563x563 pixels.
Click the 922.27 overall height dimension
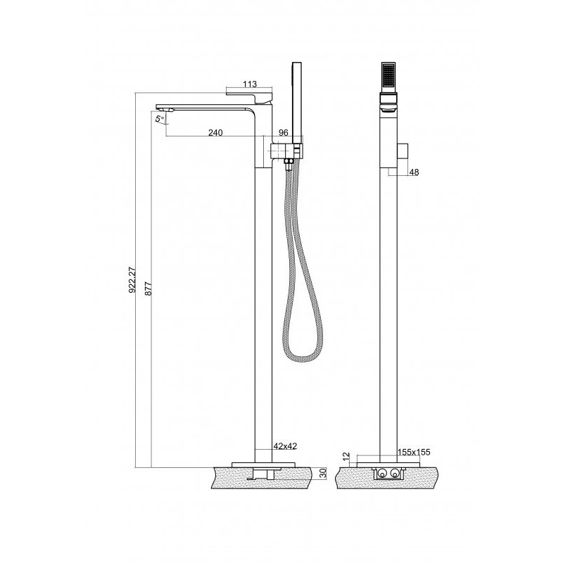point(132,279)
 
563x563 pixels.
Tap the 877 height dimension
point(148,289)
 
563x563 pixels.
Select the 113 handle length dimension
point(250,84)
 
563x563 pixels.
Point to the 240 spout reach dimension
point(215,132)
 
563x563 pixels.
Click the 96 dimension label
point(284,132)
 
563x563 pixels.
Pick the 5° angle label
point(160,118)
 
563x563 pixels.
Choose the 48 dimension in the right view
point(414,172)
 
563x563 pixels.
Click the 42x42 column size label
point(286,446)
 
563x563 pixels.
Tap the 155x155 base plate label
point(414,452)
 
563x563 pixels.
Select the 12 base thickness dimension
point(346,456)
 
